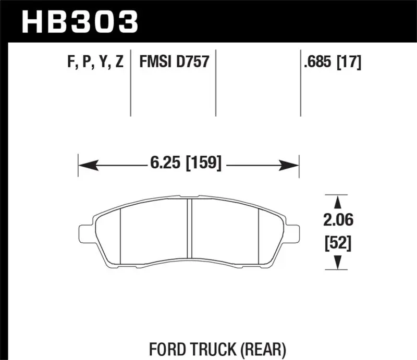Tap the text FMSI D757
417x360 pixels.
click(x=174, y=63)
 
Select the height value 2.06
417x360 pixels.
click(x=338, y=221)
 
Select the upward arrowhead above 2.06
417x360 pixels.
click(x=338, y=203)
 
